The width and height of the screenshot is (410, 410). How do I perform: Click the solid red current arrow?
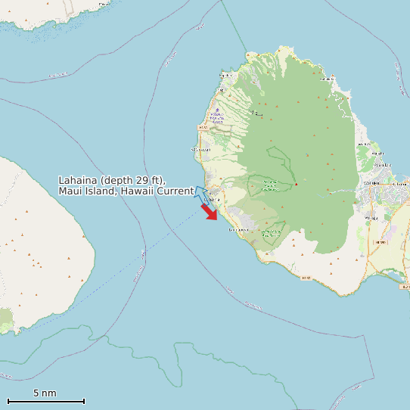pyautogui.click(x=209, y=212)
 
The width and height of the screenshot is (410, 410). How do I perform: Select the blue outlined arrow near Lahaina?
pyautogui.click(x=201, y=193)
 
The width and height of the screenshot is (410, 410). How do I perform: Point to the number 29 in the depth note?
pyautogui.click(x=144, y=180)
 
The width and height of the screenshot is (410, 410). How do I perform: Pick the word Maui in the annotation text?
pyautogui.click(x=71, y=191)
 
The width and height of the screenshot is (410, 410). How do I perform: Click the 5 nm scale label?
pyautogui.click(x=45, y=393)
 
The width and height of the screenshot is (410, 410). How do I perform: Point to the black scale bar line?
pyautogui.click(x=45, y=401)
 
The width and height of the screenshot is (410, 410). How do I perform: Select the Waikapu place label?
pyautogui.click(x=371, y=218)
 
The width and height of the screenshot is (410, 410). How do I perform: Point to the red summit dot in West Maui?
pyautogui.click(x=297, y=185)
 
